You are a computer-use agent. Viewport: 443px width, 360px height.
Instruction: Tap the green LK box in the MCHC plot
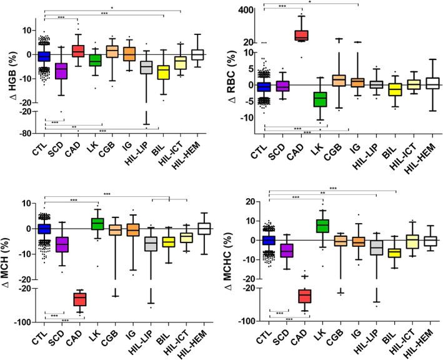point(322,225)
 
